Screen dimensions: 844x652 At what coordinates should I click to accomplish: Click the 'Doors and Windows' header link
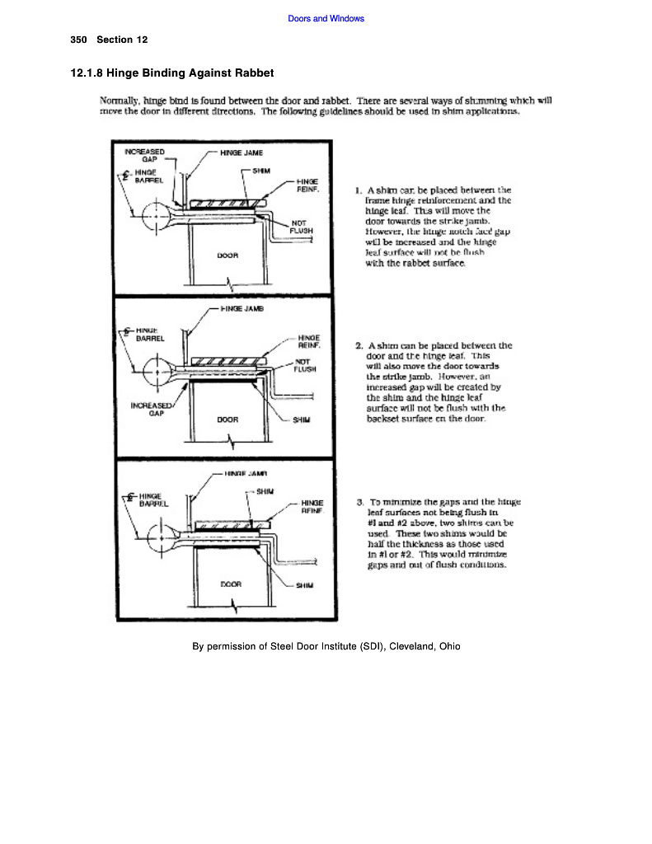click(326, 18)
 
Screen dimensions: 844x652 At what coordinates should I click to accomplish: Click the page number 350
click(79, 40)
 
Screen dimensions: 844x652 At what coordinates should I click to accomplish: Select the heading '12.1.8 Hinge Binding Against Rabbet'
click(172, 73)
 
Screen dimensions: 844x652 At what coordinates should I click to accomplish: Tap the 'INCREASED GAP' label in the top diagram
click(144, 156)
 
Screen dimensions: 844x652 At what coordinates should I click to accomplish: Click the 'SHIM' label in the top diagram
click(262, 171)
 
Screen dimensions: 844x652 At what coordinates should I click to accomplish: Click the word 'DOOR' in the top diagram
click(227, 256)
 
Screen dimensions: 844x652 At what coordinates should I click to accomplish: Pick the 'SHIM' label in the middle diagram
click(301, 420)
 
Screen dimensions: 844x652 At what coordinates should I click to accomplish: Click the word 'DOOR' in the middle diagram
click(227, 420)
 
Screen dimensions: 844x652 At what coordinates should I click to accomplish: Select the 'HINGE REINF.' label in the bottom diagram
click(311, 506)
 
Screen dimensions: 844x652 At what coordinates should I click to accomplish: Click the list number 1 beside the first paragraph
click(359, 190)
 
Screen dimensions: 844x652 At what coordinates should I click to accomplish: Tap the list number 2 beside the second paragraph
click(359, 345)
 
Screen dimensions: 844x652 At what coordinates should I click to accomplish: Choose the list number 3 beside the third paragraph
click(360, 501)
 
